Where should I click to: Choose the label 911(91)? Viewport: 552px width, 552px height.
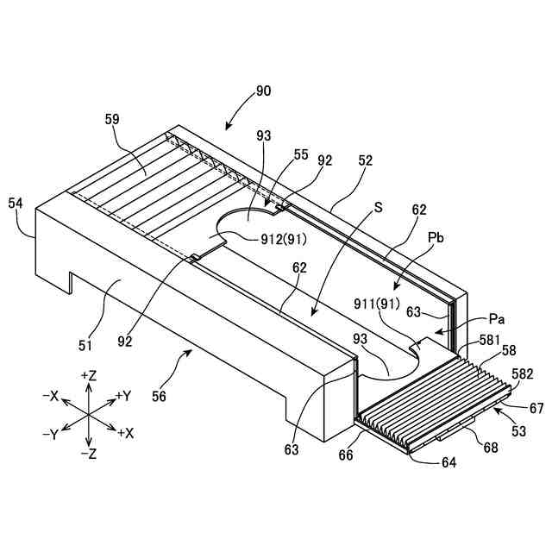pos(376,304)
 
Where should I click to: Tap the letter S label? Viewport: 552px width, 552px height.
pos(379,207)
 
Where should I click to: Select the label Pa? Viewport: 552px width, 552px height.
pos(497,318)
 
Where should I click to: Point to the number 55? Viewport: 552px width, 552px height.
pos(300,154)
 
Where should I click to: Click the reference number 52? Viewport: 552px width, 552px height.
pos(365,160)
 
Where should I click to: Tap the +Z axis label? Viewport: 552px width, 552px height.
pos(88,377)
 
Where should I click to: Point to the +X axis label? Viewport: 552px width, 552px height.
pos(126,432)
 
